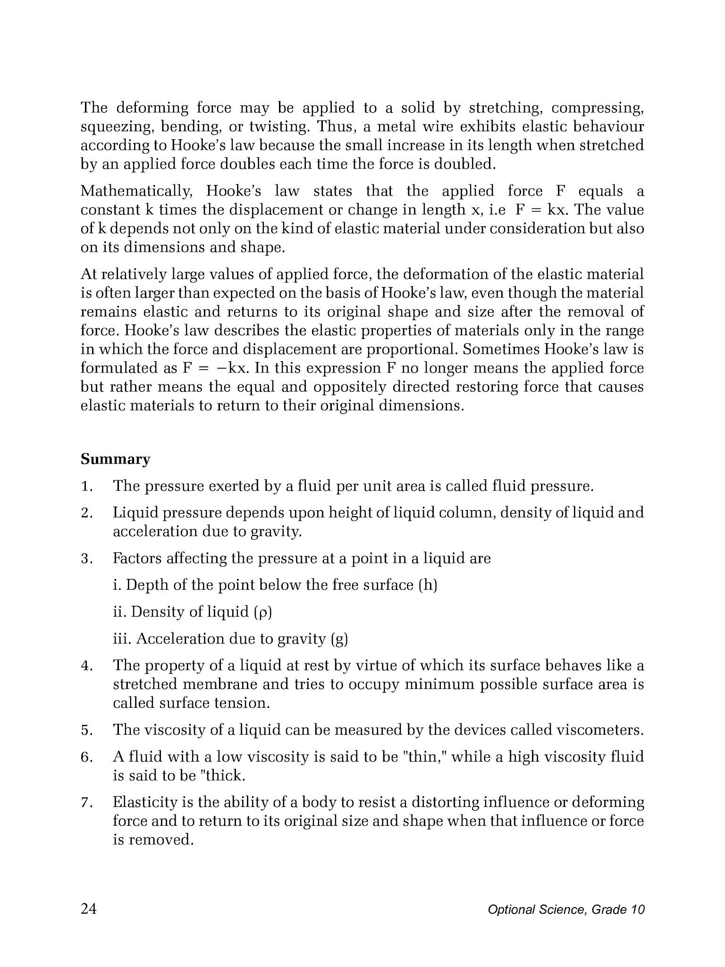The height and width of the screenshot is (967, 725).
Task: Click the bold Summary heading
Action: click(x=115, y=459)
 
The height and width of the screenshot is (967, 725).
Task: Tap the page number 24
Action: click(x=89, y=909)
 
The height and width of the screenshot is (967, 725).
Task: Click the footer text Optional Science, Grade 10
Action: click(x=566, y=910)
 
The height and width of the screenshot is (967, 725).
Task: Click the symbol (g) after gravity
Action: click(x=339, y=639)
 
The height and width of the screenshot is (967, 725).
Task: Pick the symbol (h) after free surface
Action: click(x=428, y=585)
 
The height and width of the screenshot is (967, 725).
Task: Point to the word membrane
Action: click(x=220, y=685)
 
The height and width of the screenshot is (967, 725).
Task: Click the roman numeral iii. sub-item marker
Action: click(x=122, y=639)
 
